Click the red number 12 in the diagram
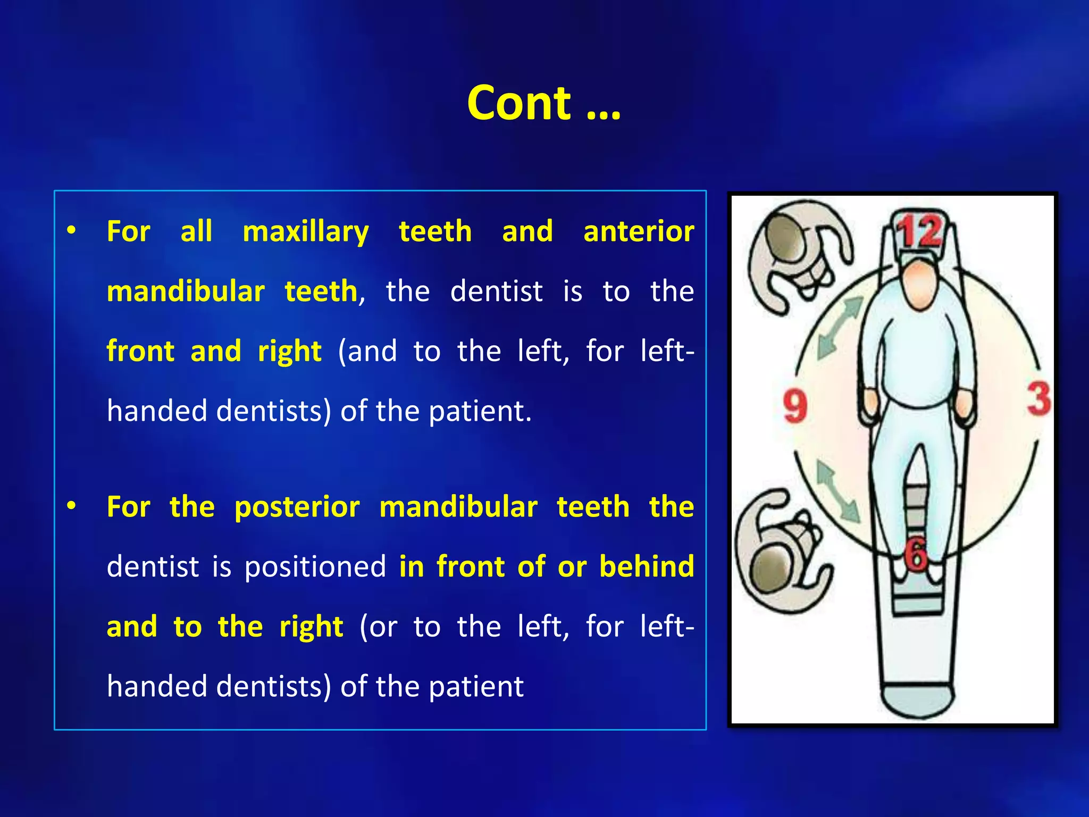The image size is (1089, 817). pos(919,232)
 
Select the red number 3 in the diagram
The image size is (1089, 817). pos(1038,399)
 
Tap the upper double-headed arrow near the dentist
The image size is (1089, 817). pos(839,328)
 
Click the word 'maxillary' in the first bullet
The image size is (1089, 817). pos(305,232)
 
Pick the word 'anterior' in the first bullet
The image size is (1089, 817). pos(638,232)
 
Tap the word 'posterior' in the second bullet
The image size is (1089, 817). pos(297,507)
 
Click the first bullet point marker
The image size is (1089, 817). pos(71,231)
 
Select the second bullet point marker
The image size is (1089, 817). pos(71,506)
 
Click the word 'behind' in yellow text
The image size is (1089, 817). pos(647,566)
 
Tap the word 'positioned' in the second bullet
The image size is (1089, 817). pos(315,566)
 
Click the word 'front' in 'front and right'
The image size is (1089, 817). pos(140,352)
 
